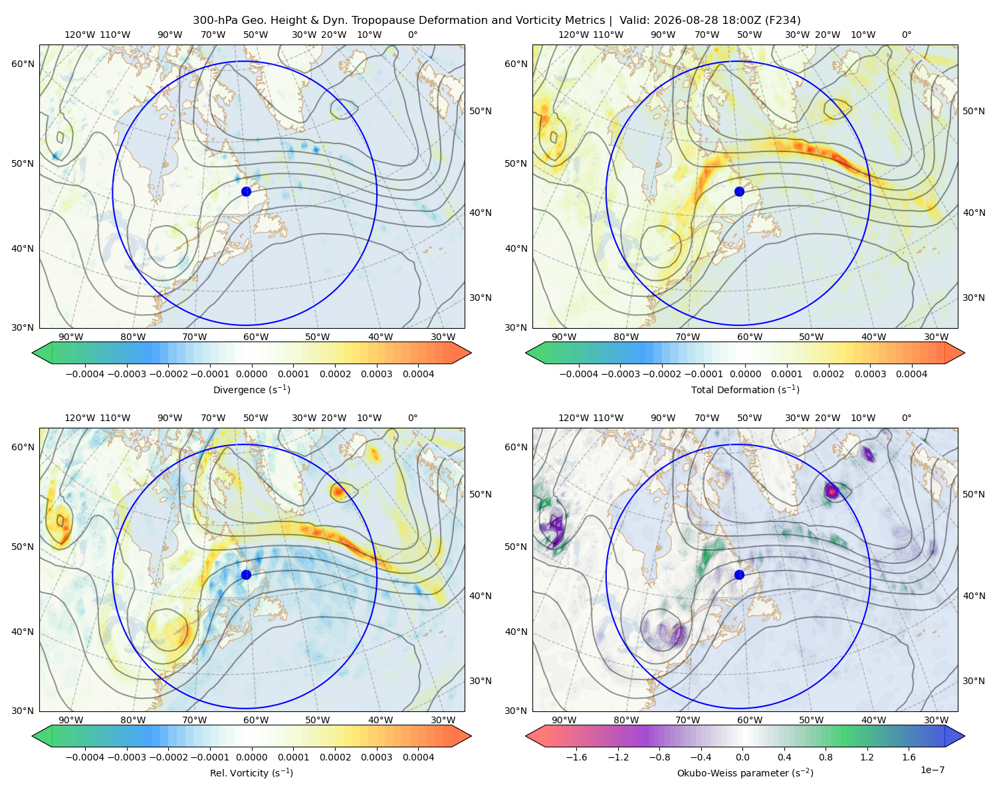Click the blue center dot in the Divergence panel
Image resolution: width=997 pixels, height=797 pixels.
[246, 191]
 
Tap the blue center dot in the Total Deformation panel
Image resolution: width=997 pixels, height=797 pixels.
[739, 191]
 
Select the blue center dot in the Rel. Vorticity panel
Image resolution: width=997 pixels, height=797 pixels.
[246, 575]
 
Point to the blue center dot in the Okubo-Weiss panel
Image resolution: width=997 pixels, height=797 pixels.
[739, 575]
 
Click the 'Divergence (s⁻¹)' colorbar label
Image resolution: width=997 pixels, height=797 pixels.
[251, 389]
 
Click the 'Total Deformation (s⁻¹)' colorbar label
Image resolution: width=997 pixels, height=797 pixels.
[745, 389]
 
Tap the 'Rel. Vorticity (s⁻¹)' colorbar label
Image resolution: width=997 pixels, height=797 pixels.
[251, 772]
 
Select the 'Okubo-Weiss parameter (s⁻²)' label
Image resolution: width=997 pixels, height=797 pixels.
[745, 772]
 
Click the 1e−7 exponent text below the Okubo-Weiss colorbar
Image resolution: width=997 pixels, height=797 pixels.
[932, 770]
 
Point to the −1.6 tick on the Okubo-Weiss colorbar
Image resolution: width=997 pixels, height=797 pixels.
[576, 756]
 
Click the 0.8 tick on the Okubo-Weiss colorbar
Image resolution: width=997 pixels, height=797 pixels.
[826, 756]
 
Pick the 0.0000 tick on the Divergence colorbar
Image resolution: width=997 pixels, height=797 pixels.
[251, 374]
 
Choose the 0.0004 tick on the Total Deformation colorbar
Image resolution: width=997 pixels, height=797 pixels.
[911, 374]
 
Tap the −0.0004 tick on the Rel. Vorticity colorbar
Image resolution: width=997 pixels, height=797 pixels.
[85, 756]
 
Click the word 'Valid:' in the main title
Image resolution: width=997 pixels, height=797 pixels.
[633, 21]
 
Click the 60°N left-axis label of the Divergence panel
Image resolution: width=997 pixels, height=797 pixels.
[23, 64]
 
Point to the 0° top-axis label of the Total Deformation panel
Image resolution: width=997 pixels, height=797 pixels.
[906, 35]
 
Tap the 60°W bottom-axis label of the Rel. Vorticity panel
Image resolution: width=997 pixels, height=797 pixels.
[256, 720]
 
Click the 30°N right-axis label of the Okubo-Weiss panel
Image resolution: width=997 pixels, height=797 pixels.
[973, 680]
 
